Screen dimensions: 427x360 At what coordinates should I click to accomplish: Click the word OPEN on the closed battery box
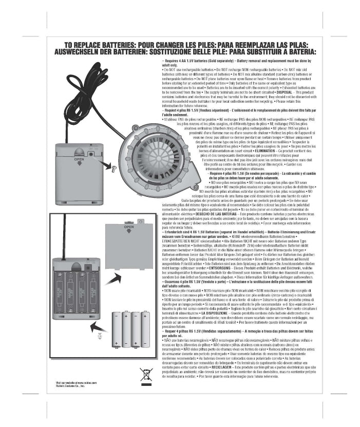tap(79, 159)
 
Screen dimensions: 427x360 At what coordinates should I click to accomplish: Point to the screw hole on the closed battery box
tap(90, 153)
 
